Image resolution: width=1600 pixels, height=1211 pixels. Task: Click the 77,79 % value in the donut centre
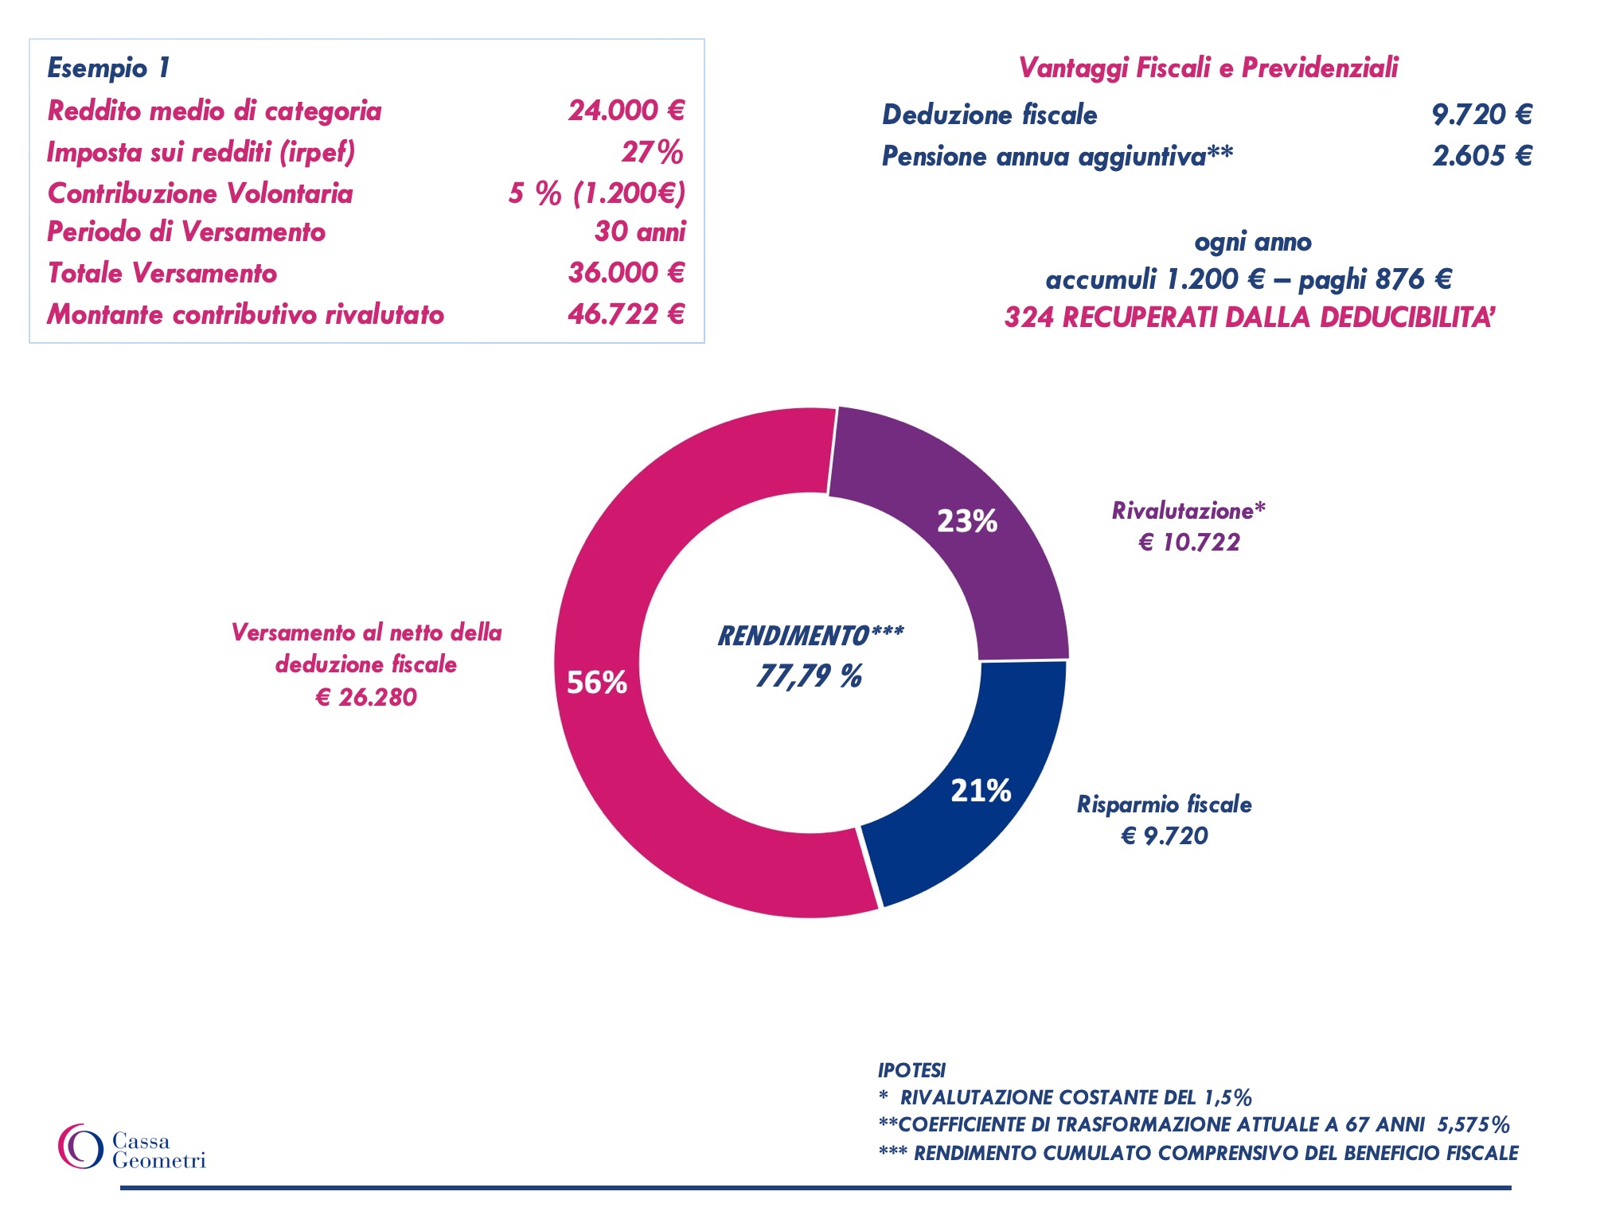click(x=809, y=676)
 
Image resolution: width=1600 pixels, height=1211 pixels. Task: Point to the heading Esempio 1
click(x=108, y=68)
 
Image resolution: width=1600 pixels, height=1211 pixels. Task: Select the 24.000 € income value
click(x=626, y=111)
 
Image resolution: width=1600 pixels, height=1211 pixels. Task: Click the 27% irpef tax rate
click(x=652, y=152)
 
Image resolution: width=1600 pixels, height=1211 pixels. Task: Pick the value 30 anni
click(x=639, y=232)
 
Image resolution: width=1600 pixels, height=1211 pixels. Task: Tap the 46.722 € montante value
click(x=626, y=314)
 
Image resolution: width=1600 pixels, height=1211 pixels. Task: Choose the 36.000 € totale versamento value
click(x=626, y=273)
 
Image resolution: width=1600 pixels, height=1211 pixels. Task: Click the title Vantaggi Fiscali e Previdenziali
click(x=1208, y=68)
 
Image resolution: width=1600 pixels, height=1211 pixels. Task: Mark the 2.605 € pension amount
click(x=1481, y=156)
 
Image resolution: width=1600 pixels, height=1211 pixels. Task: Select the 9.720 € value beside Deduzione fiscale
click(x=1481, y=115)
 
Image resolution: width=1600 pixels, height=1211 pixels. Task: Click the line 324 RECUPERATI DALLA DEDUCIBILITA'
click(x=1249, y=317)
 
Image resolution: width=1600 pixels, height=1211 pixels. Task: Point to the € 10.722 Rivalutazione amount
click(x=1189, y=543)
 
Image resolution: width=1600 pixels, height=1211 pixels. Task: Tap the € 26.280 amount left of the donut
click(x=366, y=697)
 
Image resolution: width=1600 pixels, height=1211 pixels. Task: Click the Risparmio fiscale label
click(x=1164, y=804)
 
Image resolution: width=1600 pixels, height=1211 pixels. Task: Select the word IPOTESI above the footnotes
click(x=911, y=1070)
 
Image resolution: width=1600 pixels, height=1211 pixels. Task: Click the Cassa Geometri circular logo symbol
click(x=80, y=1147)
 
